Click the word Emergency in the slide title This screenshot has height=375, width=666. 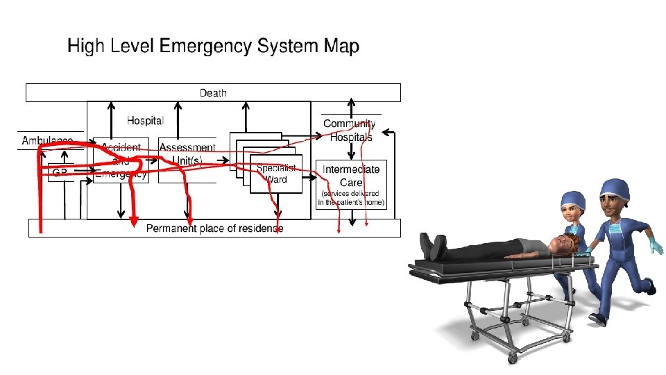click(205, 47)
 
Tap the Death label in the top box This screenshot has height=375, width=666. click(213, 92)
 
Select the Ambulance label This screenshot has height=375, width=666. click(47, 141)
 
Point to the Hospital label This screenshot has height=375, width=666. click(145, 120)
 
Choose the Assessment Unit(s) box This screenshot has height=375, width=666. click(187, 154)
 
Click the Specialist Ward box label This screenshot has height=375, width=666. click(276, 174)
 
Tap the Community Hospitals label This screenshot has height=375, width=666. click(350, 131)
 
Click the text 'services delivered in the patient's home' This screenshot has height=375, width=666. click(351, 197)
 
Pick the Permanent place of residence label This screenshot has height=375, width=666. click(214, 228)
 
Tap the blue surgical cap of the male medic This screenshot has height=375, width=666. click(615, 187)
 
